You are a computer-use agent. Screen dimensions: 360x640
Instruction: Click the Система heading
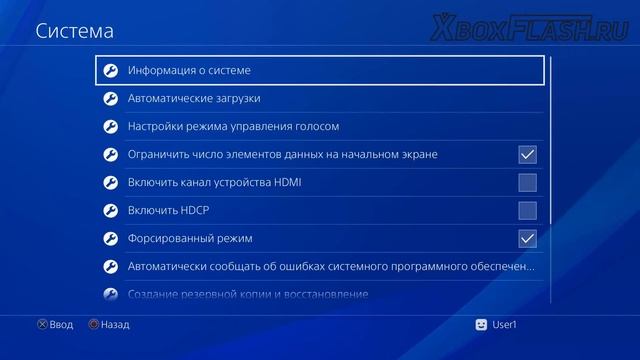[x=75, y=31]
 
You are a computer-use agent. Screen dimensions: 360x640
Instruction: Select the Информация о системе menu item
[x=189, y=71]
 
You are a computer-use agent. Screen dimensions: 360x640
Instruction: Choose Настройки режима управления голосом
[x=234, y=127]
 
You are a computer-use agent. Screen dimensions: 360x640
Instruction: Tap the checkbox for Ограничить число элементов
[x=527, y=154]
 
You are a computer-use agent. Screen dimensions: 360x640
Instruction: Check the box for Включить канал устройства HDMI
[x=527, y=182]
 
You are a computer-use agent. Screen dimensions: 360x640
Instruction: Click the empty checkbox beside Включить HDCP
[x=527, y=210]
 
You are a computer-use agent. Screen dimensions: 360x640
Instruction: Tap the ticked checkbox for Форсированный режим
[x=527, y=238]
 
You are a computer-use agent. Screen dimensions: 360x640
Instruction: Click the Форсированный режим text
[x=190, y=239]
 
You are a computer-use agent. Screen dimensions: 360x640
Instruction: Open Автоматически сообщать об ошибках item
[x=330, y=267]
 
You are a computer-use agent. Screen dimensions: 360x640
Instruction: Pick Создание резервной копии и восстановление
[x=248, y=294]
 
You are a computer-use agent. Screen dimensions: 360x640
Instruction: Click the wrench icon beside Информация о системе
[x=111, y=71]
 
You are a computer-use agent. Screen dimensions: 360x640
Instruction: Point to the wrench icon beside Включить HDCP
[x=111, y=211]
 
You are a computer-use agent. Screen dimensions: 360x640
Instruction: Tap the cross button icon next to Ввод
[x=42, y=324]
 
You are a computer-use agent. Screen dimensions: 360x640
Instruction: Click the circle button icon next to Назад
[x=93, y=324]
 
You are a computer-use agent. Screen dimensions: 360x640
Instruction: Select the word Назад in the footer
[x=115, y=324]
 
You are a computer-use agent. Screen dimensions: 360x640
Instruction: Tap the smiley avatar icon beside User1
[x=482, y=324]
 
